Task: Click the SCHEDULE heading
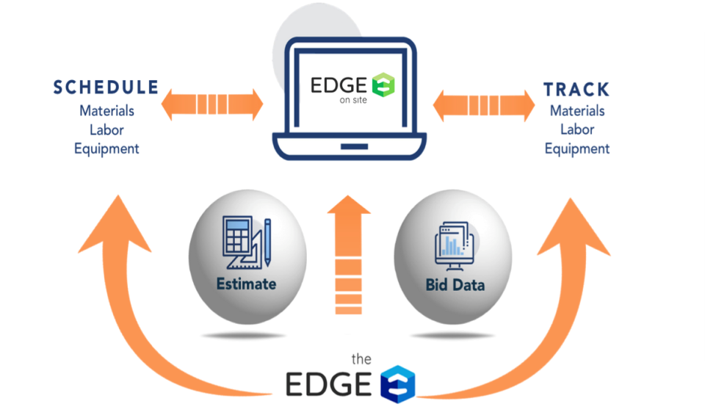click(106, 87)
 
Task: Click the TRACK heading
click(576, 90)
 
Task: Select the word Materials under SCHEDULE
click(106, 111)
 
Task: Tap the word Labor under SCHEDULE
click(106, 129)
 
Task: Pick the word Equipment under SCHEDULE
click(106, 148)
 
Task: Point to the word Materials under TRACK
click(577, 111)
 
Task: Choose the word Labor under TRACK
click(577, 129)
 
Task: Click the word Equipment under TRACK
click(577, 148)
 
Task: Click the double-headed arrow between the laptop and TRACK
click(483, 106)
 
